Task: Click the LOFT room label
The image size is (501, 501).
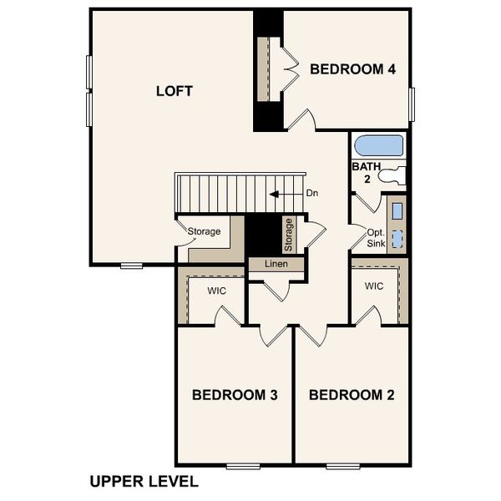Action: [175, 90]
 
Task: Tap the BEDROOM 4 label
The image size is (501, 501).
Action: [352, 69]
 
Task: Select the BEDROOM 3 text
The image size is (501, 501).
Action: [235, 394]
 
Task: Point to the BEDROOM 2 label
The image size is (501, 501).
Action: [352, 394]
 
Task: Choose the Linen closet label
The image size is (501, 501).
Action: [276, 264]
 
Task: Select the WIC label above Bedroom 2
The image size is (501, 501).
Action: [373, 286]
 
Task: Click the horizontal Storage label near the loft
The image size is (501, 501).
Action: [204, 231]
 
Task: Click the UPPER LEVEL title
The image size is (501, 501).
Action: [144, 482]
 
